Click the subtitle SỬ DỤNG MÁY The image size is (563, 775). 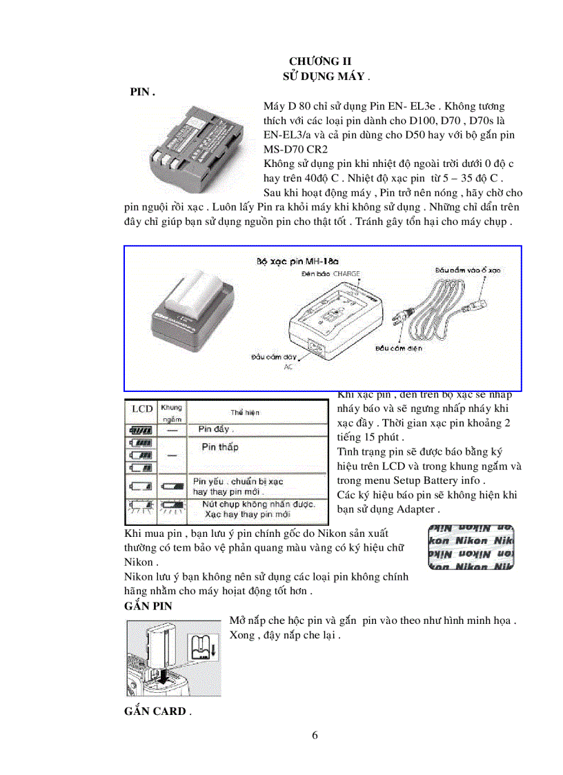pos(324,77)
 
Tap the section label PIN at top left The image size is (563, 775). pos(142,92)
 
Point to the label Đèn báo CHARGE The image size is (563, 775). pos(330,274)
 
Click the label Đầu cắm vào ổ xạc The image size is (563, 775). pos(467,270)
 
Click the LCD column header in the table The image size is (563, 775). pos(142,409)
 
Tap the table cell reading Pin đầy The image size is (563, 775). pos(215,429)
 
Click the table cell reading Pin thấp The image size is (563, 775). pos(219,447)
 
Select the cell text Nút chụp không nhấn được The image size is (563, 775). pos(259,504)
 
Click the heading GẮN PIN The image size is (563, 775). pos(148,606)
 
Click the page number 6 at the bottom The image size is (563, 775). pos(315,736)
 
